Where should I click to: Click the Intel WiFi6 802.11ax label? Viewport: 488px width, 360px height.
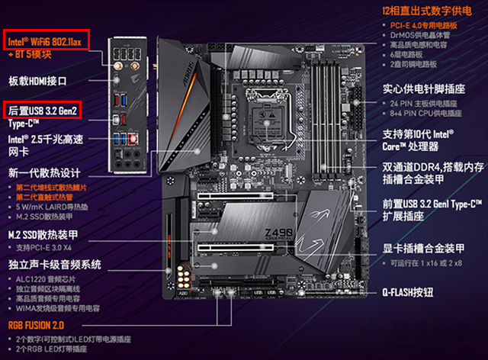point(48,39)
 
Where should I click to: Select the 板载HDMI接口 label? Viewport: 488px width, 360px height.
point(38,80)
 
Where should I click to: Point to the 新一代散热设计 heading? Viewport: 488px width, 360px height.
point(39,172)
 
